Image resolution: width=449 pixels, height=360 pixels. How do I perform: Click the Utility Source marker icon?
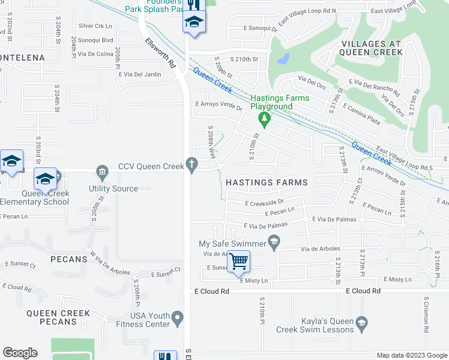(101, 173)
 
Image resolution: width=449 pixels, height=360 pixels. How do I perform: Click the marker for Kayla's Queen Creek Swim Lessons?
(361, 324)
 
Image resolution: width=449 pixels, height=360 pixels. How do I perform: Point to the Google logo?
(20, 353)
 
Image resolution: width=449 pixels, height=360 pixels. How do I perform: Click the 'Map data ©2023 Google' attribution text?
(412, 355)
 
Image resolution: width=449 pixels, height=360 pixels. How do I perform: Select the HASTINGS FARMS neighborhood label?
(267, 182)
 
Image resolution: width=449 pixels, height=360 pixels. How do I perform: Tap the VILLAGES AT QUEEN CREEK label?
(372, 48)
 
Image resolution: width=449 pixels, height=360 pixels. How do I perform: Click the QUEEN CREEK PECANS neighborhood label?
(58, 317)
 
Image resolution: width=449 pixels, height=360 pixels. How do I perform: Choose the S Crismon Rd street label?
(426, 315)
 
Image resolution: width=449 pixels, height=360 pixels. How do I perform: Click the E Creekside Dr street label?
(264, 203)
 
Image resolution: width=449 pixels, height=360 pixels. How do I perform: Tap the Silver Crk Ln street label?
(95, 26)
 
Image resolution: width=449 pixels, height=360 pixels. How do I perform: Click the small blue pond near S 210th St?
(283, 59)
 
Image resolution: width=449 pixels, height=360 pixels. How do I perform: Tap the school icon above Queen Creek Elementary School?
(46, 179)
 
